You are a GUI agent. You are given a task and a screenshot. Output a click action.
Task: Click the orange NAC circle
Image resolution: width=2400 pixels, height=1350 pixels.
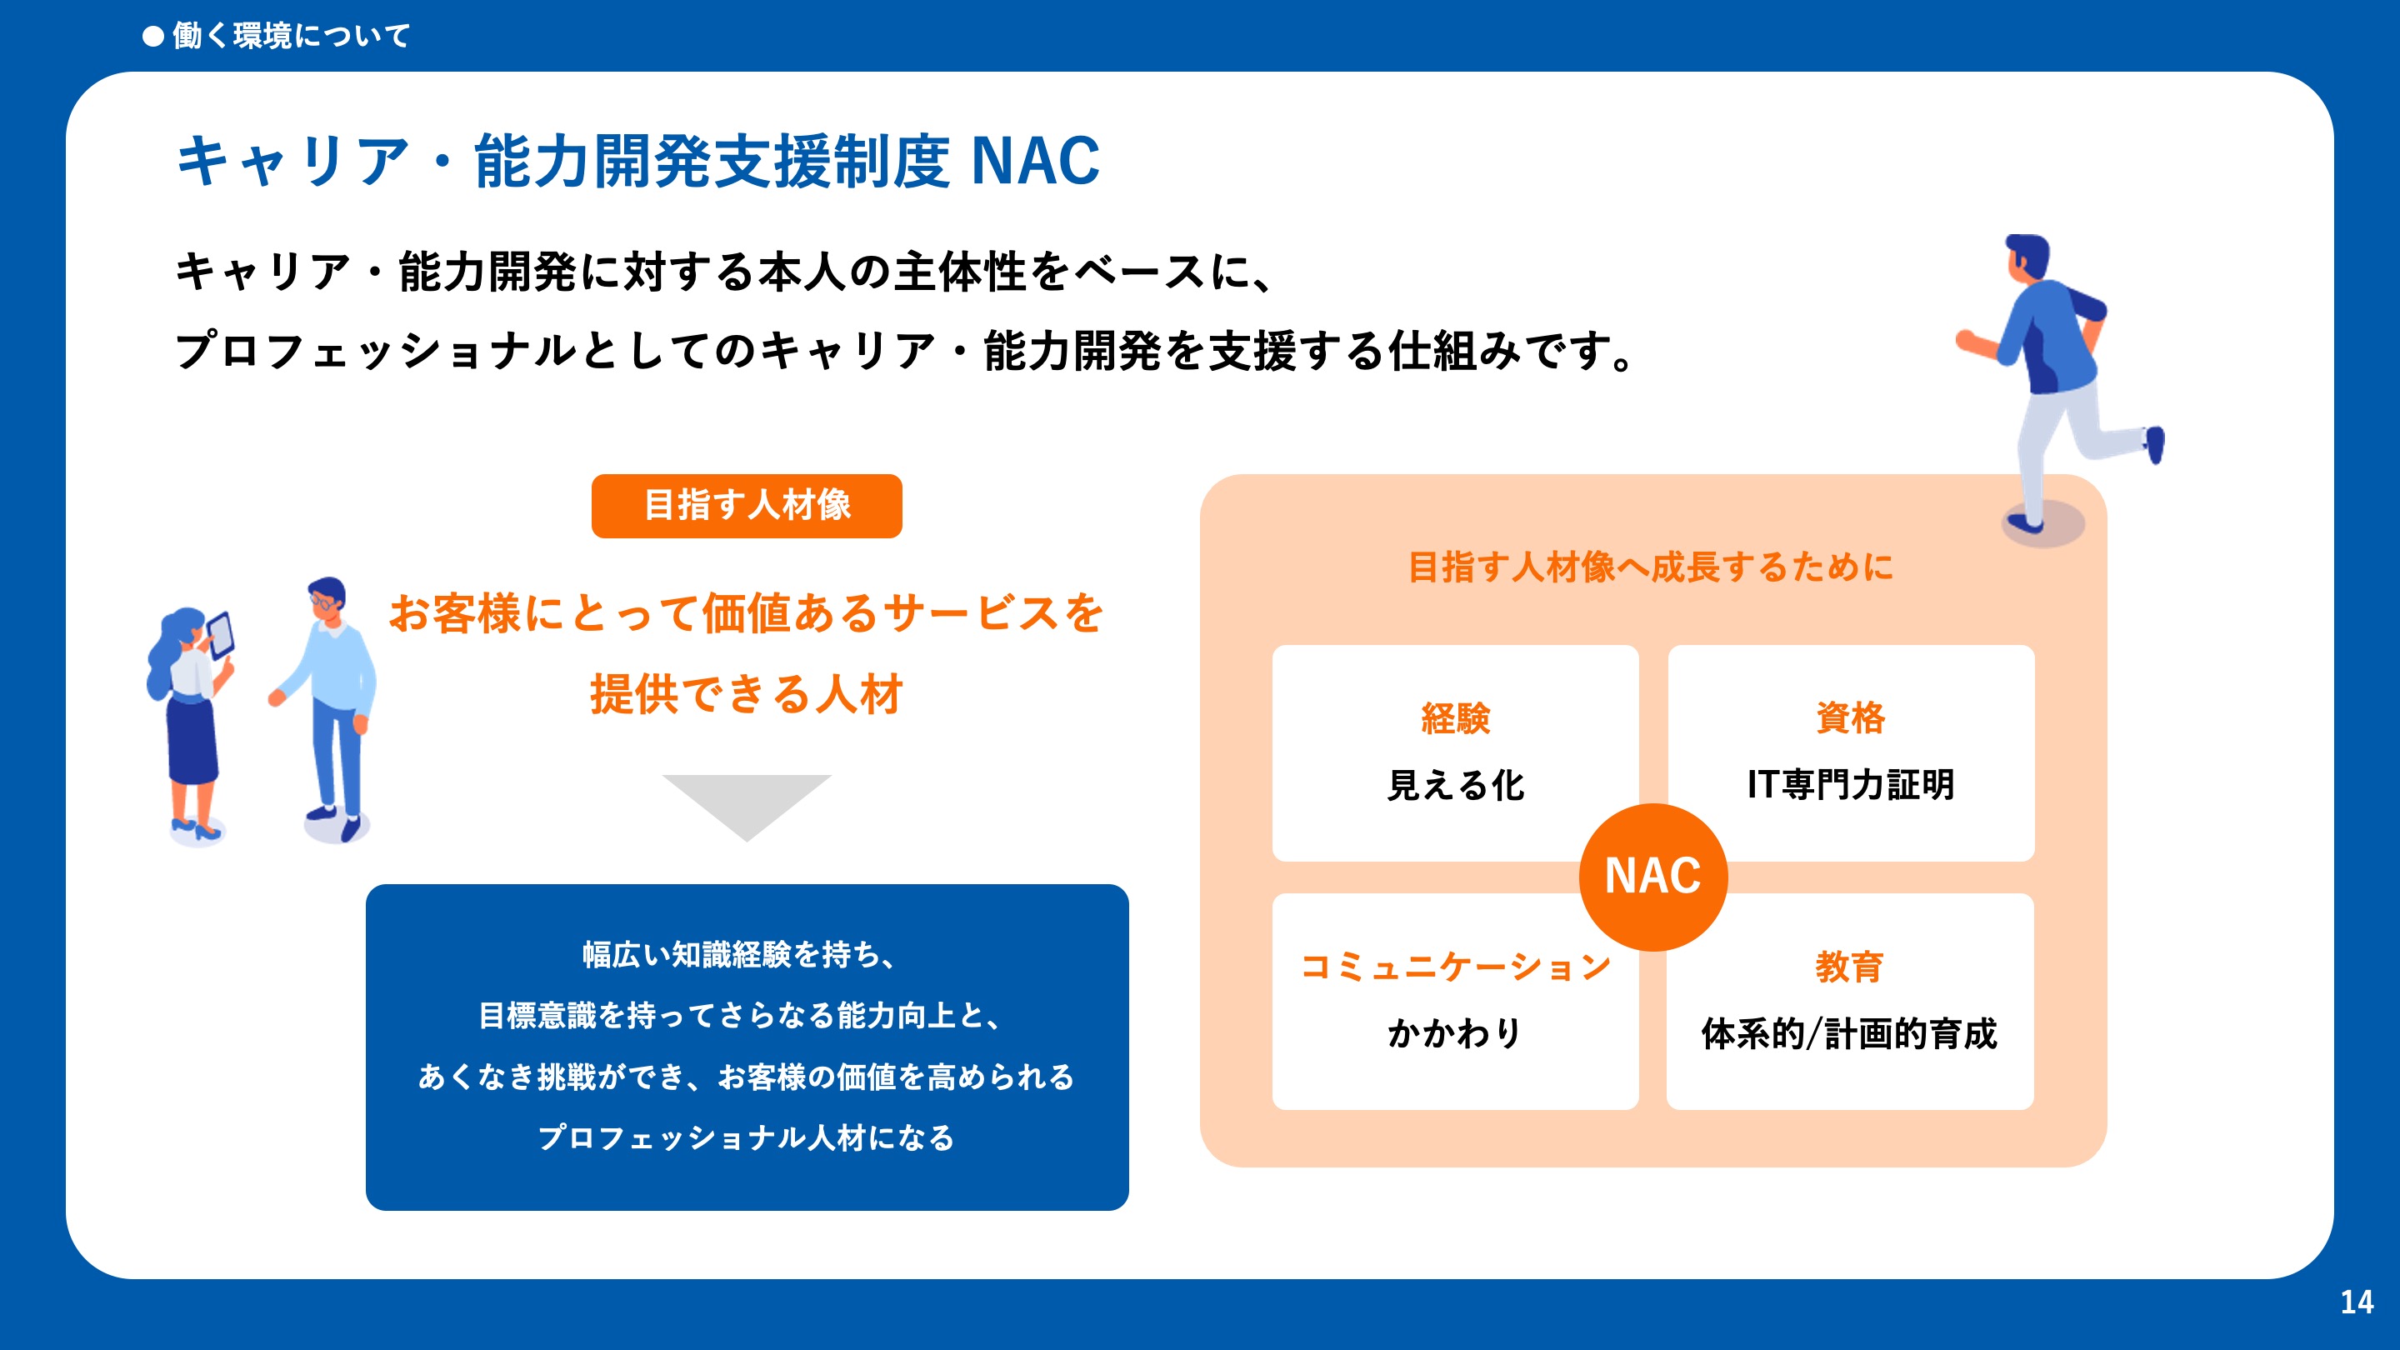(x=1652, y=877)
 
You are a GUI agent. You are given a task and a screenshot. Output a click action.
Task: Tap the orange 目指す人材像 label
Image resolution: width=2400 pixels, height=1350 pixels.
(x=747, y=506)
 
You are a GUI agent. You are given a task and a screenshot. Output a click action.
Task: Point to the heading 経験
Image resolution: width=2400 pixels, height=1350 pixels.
(x=1455, y=718)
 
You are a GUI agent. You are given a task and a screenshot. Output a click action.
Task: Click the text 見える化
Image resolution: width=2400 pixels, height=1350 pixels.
(x=1455, y=785)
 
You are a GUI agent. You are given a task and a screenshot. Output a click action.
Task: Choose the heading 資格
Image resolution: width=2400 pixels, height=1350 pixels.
(x=1850, y=718)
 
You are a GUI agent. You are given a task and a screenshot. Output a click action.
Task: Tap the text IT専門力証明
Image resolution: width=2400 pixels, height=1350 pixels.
(x=1850, y=784)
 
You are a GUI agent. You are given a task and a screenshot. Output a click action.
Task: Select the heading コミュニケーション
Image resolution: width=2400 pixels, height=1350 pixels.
(x=1455, y=966)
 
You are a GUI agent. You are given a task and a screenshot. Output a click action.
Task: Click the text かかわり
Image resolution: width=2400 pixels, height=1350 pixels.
(x=1455, y=1033)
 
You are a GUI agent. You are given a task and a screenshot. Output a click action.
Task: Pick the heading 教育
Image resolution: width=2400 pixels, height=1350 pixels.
(x=1849, y=966)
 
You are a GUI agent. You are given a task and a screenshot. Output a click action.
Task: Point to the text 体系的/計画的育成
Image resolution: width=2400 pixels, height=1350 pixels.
(x=1849, y=1033)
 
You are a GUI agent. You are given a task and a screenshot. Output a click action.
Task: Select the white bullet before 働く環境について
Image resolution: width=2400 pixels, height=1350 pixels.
(x=152, y=37)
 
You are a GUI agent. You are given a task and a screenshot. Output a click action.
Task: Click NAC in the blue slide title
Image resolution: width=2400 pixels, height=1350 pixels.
(x=1035, y=161)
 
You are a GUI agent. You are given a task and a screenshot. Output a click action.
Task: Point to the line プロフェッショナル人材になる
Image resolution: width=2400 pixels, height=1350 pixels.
(x=747, y=1137)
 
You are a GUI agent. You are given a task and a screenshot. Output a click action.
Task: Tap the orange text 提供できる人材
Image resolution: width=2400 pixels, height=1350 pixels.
(x=747, y=694)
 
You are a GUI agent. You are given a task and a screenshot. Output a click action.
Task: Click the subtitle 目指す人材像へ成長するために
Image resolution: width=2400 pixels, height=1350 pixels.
(x=1651, y=567)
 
